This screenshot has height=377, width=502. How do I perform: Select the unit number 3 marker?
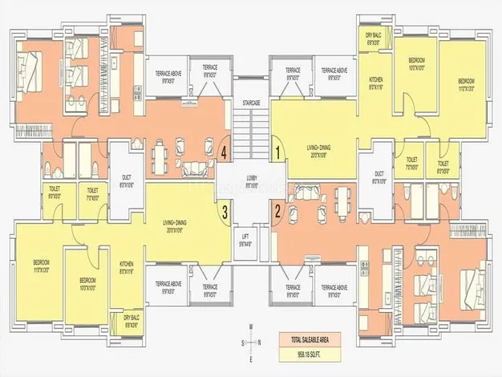coord(225,213)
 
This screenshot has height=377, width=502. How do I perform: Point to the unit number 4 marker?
coord(225,150)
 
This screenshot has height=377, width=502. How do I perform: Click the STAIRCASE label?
coord(252,104)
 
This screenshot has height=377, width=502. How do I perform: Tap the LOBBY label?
coord(251,183)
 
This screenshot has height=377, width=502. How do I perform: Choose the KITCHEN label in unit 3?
coord(126,267)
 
